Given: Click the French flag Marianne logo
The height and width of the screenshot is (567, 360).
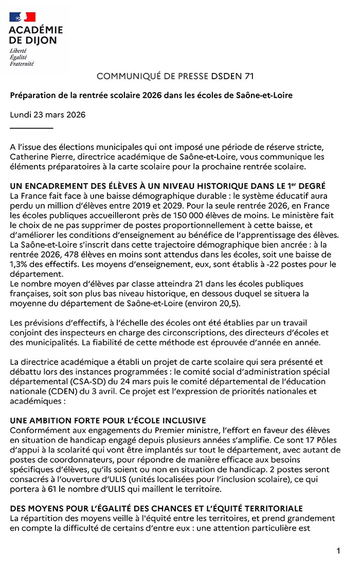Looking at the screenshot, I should (22, 17).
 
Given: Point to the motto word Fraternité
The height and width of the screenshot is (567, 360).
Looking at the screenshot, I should (22, 64).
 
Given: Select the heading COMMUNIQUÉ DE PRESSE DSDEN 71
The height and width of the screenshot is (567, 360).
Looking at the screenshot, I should (175, 77).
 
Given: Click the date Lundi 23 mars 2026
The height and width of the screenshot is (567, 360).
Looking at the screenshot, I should (48, 115).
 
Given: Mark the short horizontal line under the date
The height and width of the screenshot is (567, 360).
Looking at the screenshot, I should (31, 127).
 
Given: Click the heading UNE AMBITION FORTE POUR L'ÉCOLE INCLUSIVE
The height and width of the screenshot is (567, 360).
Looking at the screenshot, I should (108, 421).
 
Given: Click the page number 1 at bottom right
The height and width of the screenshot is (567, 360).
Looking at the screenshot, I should (338, 551).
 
